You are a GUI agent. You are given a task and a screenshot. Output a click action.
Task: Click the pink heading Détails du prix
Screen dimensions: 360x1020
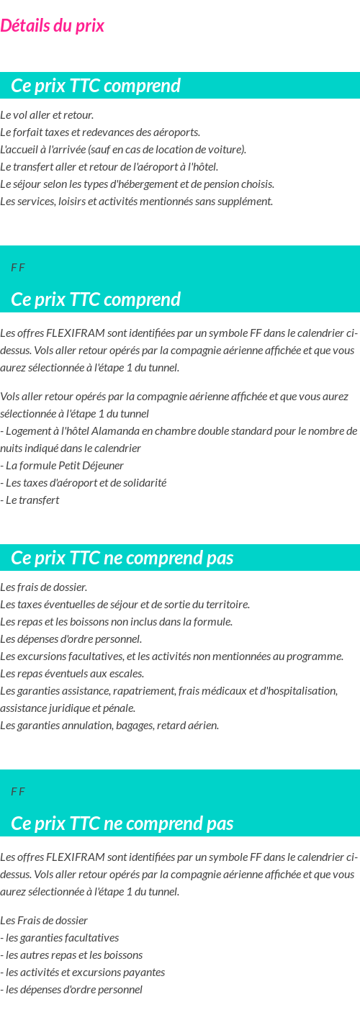52,26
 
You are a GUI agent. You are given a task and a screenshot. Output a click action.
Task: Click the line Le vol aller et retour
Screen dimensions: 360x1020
47,115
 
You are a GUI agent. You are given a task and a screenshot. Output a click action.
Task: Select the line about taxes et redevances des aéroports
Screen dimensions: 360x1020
100,132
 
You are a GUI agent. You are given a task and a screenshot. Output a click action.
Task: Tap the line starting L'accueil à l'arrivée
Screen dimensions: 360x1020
123,150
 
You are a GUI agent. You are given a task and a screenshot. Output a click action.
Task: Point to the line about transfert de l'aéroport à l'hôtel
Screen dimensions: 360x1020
109,167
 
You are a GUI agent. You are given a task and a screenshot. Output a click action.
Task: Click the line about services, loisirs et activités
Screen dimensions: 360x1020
136,202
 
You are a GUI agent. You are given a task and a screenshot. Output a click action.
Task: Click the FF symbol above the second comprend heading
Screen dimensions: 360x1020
18,268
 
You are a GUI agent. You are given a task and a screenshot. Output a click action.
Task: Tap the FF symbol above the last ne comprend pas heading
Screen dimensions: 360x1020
18,792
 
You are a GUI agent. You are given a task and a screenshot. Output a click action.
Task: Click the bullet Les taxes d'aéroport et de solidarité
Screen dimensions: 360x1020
84,483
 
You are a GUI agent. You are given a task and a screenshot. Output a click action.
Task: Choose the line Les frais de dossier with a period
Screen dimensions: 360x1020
44,587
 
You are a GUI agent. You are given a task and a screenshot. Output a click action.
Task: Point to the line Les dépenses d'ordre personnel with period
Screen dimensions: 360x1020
71,639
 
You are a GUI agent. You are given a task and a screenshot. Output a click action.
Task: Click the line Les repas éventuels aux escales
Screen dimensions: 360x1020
72,674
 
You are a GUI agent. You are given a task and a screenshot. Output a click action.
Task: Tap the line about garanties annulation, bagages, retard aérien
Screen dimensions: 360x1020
109,726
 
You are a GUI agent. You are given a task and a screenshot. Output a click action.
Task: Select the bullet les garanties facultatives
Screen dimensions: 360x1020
60,938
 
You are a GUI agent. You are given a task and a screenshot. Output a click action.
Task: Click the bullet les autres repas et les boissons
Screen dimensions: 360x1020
71,955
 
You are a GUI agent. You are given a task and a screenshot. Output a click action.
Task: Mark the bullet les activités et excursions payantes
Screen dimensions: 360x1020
83,972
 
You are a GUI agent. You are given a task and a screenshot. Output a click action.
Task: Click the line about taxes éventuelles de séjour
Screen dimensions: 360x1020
125,605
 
